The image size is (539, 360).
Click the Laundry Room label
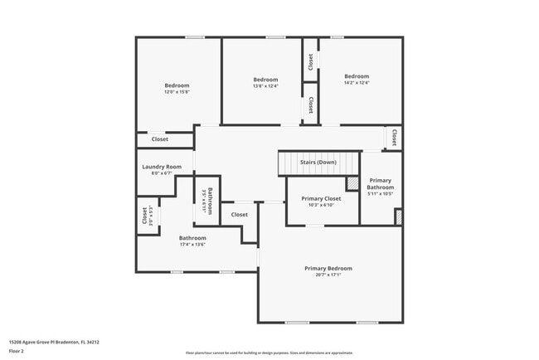tap(162, 167)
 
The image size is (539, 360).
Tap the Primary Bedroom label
tap(328, 268)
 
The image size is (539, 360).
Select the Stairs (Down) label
tap(318, 162)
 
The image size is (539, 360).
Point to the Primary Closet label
tap(321, 198)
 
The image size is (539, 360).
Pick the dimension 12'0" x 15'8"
tap(177, 92)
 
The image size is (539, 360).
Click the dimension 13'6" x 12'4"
tap(265, 85)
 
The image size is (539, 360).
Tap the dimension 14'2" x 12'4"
tap(357, 82)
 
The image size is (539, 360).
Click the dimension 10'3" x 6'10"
tap(321, 205)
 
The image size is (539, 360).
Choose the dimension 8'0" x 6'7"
tap(162, 173)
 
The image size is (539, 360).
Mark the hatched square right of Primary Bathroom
tap(398, 216)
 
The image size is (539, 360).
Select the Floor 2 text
tap(17, 351)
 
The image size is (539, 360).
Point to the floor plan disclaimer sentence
tap(269, 352)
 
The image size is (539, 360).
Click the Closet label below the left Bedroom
tap(159, 139)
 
